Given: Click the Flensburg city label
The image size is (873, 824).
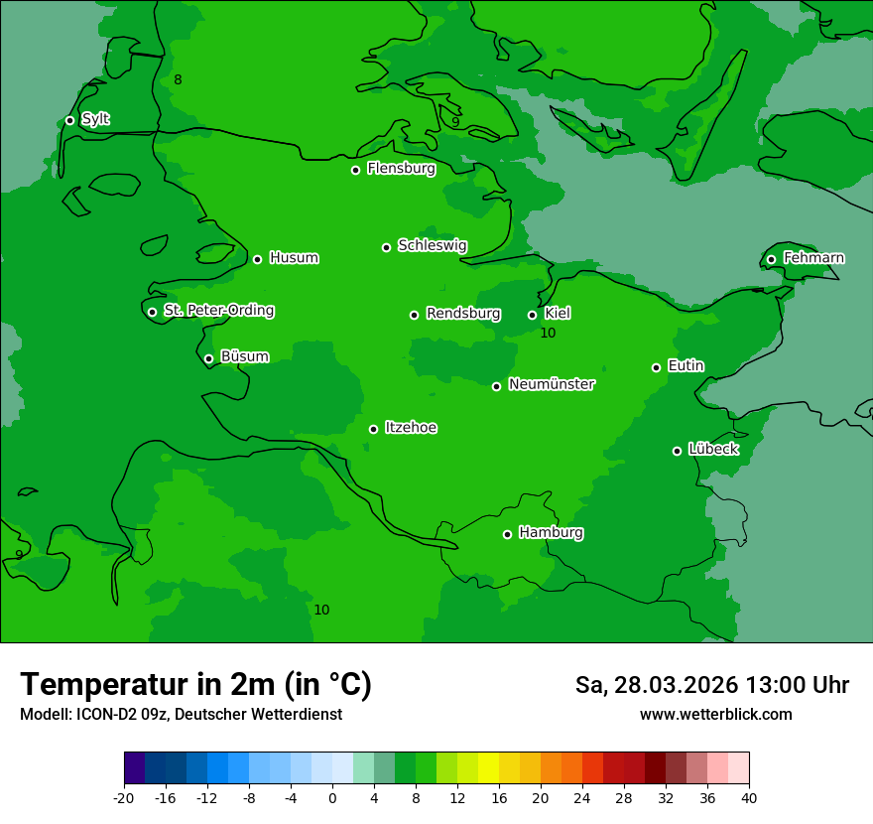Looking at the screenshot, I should pos(401,169).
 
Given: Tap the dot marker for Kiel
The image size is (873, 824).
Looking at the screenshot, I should pos(533,315).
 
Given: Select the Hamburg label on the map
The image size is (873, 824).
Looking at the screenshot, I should pos(551,533).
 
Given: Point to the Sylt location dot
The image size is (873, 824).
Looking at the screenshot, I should pos(70,120).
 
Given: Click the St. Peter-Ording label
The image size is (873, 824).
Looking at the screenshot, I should pos(218,311).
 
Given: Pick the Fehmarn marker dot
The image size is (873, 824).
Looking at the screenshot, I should pos(772,259).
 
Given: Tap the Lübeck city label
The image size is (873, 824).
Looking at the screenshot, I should pos(713,450).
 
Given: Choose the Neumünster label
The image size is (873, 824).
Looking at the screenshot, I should pos(552,385).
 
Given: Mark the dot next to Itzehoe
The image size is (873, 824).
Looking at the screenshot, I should pos(374,429).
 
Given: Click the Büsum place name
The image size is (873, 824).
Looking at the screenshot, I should pos(244,357).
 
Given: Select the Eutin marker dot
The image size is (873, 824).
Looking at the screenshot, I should pos(657,367).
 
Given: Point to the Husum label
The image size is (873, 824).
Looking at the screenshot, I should pos(294,258).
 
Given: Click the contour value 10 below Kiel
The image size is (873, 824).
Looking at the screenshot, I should pos(548,334).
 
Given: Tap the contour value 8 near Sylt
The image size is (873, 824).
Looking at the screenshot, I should pos(178,79).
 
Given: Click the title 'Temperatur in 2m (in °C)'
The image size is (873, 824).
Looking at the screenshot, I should pos(195,685).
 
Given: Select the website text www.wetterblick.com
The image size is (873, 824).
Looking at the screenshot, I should pos(715,715).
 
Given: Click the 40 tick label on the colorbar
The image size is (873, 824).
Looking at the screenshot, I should pos(749,797).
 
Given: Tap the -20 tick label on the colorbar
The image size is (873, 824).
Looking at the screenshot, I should pos(124,797).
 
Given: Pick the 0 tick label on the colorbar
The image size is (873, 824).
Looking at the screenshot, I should pos(332,797).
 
